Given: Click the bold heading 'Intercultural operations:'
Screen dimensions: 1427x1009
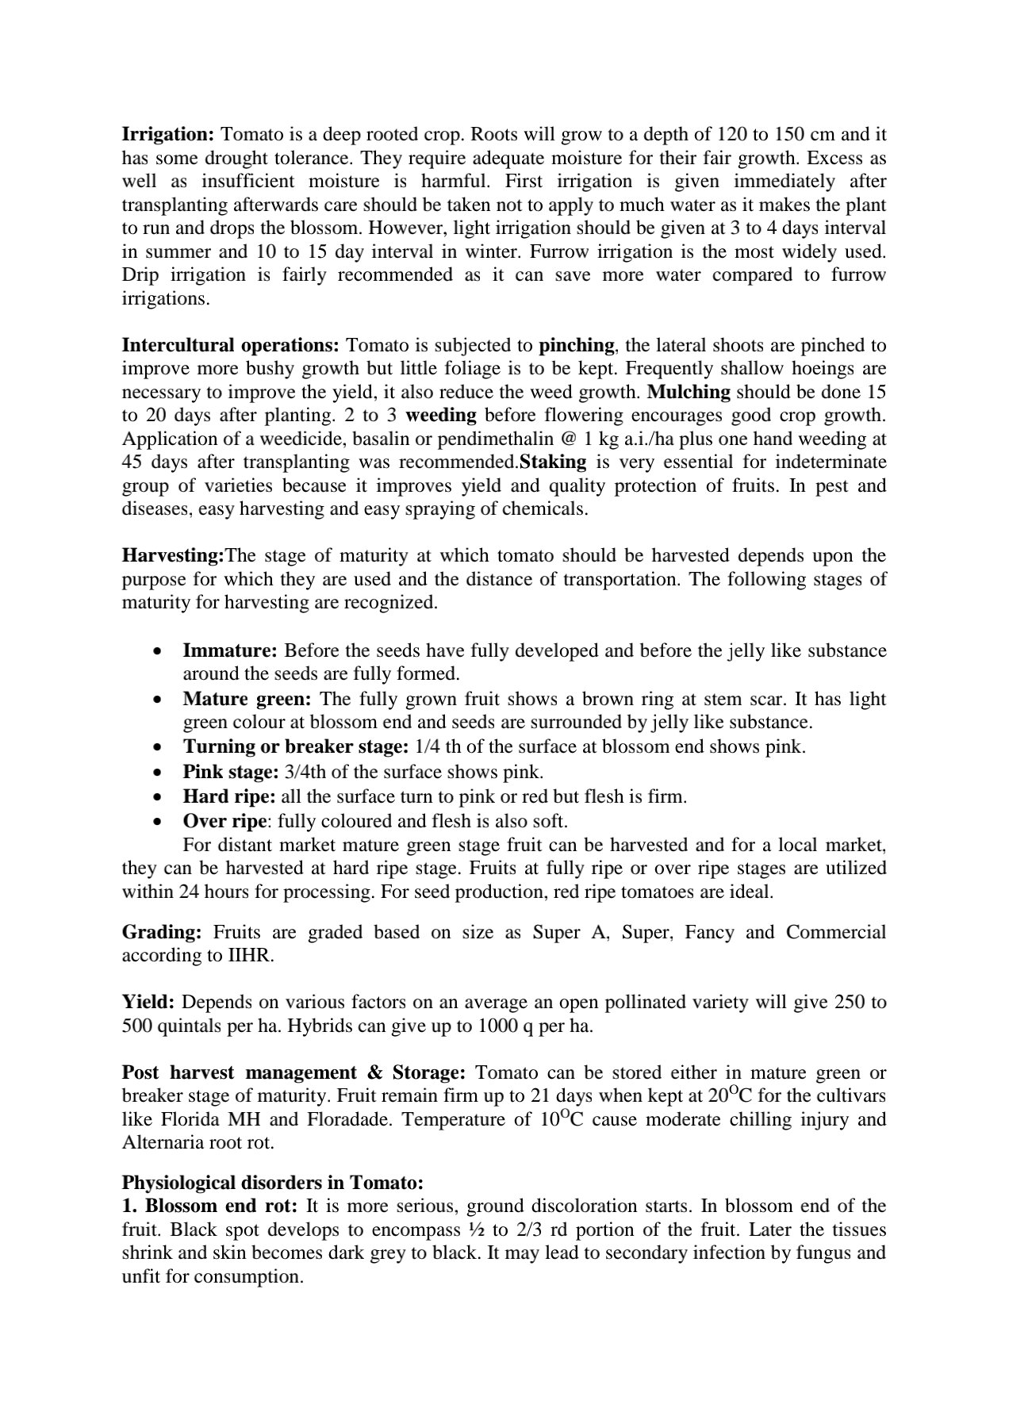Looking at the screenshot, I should pos(230,345).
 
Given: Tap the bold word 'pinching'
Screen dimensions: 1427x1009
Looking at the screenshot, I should pos(576,345).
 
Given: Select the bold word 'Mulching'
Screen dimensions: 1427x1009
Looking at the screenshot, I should pos(689,392).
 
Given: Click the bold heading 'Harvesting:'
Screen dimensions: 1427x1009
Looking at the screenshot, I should pos(174,555).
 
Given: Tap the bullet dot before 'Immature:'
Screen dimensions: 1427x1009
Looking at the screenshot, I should pos(160,650).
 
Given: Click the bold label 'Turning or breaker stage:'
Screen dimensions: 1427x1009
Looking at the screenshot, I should pos(296,746).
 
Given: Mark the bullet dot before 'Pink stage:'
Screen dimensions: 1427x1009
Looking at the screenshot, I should pos(160,772).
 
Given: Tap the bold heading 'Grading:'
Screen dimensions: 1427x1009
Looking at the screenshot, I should pos(162,932).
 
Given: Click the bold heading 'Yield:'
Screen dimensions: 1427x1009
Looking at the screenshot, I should pos(148,1002).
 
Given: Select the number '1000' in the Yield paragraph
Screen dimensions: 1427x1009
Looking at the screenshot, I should pos(498,1026).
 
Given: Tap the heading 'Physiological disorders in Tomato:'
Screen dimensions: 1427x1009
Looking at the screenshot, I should pos(273,1183).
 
